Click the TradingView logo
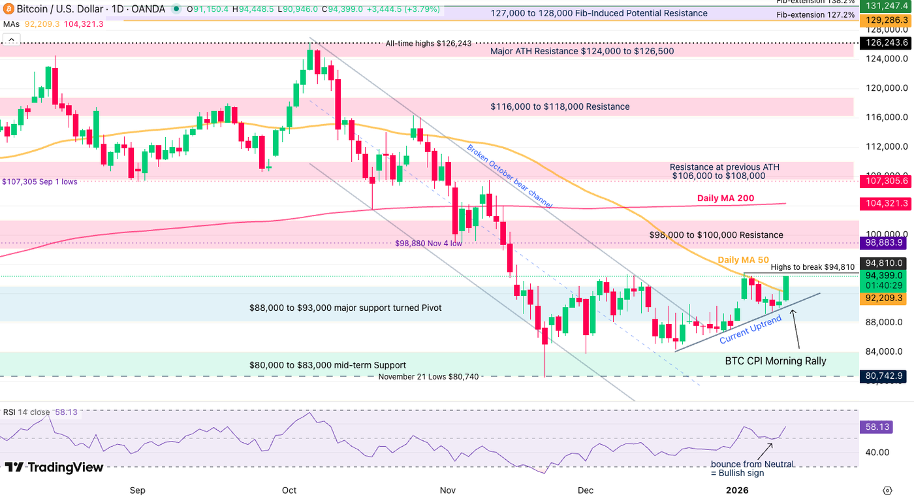pos(54,467)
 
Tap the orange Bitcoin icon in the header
pos(8,10)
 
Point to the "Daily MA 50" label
pos(743,260)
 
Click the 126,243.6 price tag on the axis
pos(885,42)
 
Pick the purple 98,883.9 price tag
pos(885,242)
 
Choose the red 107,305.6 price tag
pos(885,181)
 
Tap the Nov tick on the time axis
pos(447,490)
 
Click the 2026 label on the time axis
pos(737,490)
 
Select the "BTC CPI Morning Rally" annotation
pos(776,361)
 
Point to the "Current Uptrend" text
pos(750,330)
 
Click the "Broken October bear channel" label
pos(509,176)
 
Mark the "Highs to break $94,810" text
pos(812,267)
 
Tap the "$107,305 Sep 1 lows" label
pos(39,182)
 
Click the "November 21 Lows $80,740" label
pos(428,376)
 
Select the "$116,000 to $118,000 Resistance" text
pos(559,106)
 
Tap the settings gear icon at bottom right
pos(887,490)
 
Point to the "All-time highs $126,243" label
pos(428,44)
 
